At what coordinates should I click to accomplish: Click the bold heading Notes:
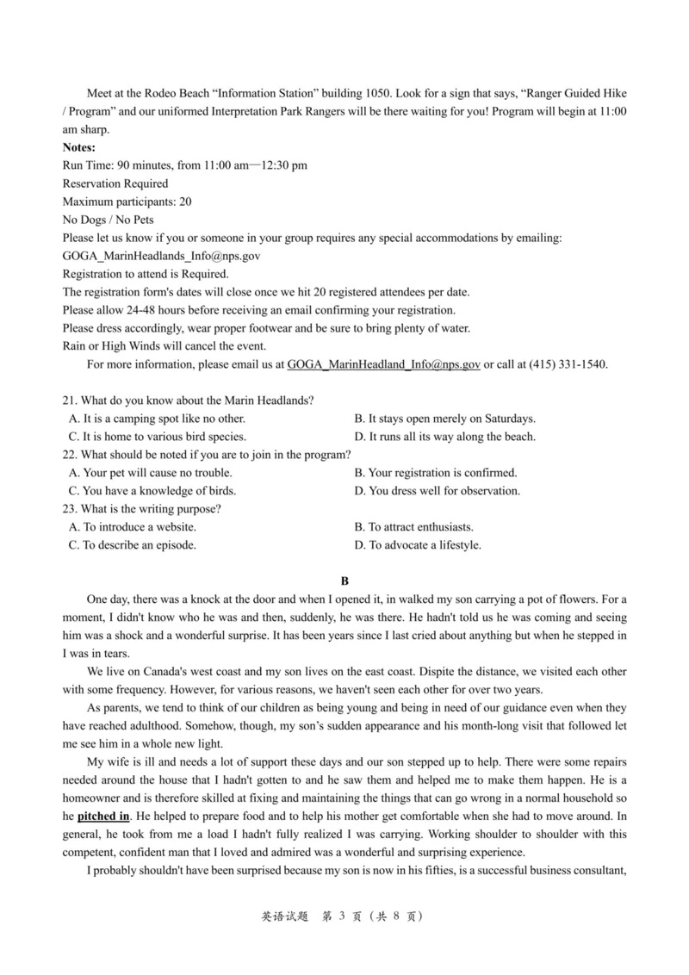(79, 147)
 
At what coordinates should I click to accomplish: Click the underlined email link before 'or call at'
(383, 364)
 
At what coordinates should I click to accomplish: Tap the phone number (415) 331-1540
(565, 364)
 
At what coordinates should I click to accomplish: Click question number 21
(71, 401)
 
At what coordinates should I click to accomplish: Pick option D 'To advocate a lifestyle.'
(418, 545)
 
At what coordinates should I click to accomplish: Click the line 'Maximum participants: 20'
(127, 202)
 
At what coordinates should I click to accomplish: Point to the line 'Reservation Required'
(115, 183)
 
